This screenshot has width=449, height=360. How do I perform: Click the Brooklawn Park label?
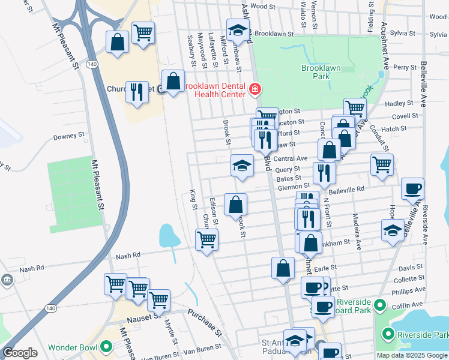click(x=321, y=73)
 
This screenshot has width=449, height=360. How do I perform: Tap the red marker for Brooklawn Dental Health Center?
click(x=256, y=90)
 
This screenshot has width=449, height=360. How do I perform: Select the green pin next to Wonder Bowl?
click(x=106, y=347)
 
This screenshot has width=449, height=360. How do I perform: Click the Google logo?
click(x=20, y=353)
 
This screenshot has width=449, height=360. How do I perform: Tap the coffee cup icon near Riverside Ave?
click(x=412, y=188)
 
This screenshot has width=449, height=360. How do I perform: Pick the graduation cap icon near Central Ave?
click(x=242, y=166)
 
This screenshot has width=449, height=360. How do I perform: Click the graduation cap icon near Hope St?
click(x=393, y=230)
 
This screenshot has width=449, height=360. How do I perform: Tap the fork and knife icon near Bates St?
click(x=325, y=173)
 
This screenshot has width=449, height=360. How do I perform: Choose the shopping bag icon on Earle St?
click(x=283, y=268)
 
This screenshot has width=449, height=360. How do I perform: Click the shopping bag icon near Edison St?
click(x=235, y=204)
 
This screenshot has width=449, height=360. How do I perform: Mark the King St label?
click(x=193, y=199)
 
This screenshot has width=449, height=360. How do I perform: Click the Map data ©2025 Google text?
click(x=412, y=355)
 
